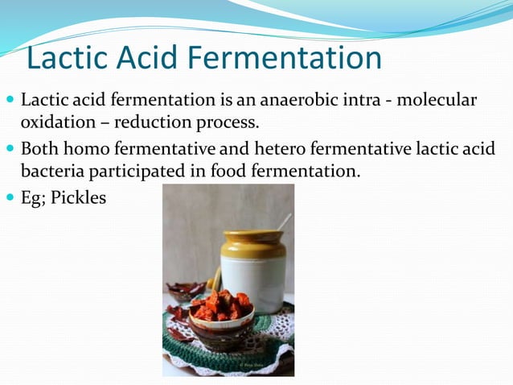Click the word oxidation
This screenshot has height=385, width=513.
54,123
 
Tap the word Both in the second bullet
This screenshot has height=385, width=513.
40,150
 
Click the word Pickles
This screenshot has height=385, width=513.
78,197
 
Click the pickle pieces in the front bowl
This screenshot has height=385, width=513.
223,305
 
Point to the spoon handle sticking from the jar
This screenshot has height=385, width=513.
284,221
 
